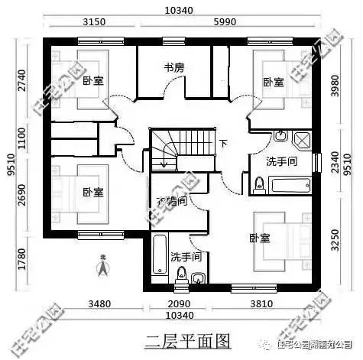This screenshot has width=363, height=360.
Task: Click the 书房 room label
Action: click(x=174, y=67)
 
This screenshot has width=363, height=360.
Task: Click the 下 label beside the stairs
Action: click(x=223, y=144)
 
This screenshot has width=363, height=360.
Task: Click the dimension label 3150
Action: click(x=92, y=22)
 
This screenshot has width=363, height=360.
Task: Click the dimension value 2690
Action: click(x=21, y=196)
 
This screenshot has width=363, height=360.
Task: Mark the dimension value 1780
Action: click(x=21, y=260)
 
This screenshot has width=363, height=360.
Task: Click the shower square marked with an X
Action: click(x=301, y=140)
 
